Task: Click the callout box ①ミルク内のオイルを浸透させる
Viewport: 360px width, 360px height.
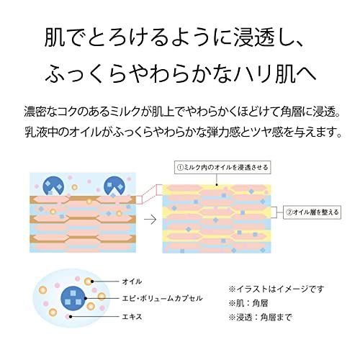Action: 222,167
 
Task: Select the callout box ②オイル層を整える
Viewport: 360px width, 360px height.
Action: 312,212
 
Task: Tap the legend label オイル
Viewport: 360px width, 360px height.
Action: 132,282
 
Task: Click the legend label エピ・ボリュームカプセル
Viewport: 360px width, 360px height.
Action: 162,298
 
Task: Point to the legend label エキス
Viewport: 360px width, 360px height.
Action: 132,317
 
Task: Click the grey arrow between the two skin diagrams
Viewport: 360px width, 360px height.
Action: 150,220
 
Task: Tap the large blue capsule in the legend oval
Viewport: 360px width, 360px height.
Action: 73,298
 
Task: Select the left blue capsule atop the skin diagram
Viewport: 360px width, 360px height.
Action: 53,186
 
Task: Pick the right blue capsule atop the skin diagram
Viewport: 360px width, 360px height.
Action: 114,186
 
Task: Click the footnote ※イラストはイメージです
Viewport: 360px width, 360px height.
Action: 276,289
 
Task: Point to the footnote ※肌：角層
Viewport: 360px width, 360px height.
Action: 248,303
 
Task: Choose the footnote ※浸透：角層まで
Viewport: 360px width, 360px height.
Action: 260,318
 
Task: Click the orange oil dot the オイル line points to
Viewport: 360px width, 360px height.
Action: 88,282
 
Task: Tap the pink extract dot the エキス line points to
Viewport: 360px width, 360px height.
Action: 68,317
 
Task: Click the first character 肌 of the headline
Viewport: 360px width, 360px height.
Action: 55,37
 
